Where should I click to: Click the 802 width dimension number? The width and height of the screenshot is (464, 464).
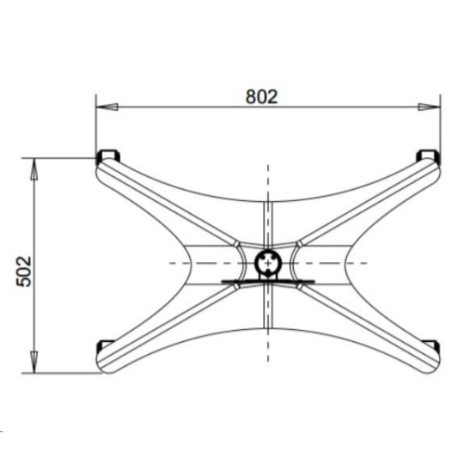(261, 96)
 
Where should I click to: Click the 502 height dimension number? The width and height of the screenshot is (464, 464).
(24, 272)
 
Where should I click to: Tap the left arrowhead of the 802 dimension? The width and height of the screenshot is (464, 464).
(107, 107)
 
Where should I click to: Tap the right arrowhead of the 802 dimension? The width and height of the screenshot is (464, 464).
(429, 107)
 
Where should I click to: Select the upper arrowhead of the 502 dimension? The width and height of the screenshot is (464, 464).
(34, 169)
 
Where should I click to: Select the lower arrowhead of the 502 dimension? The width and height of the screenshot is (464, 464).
(34, 362)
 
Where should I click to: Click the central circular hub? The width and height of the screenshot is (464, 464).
(268, 262)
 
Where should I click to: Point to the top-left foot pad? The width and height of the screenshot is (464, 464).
(108, 156)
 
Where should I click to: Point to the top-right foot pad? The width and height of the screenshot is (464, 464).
(428, 156)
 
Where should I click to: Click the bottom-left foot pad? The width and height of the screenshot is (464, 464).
(104, 345)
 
